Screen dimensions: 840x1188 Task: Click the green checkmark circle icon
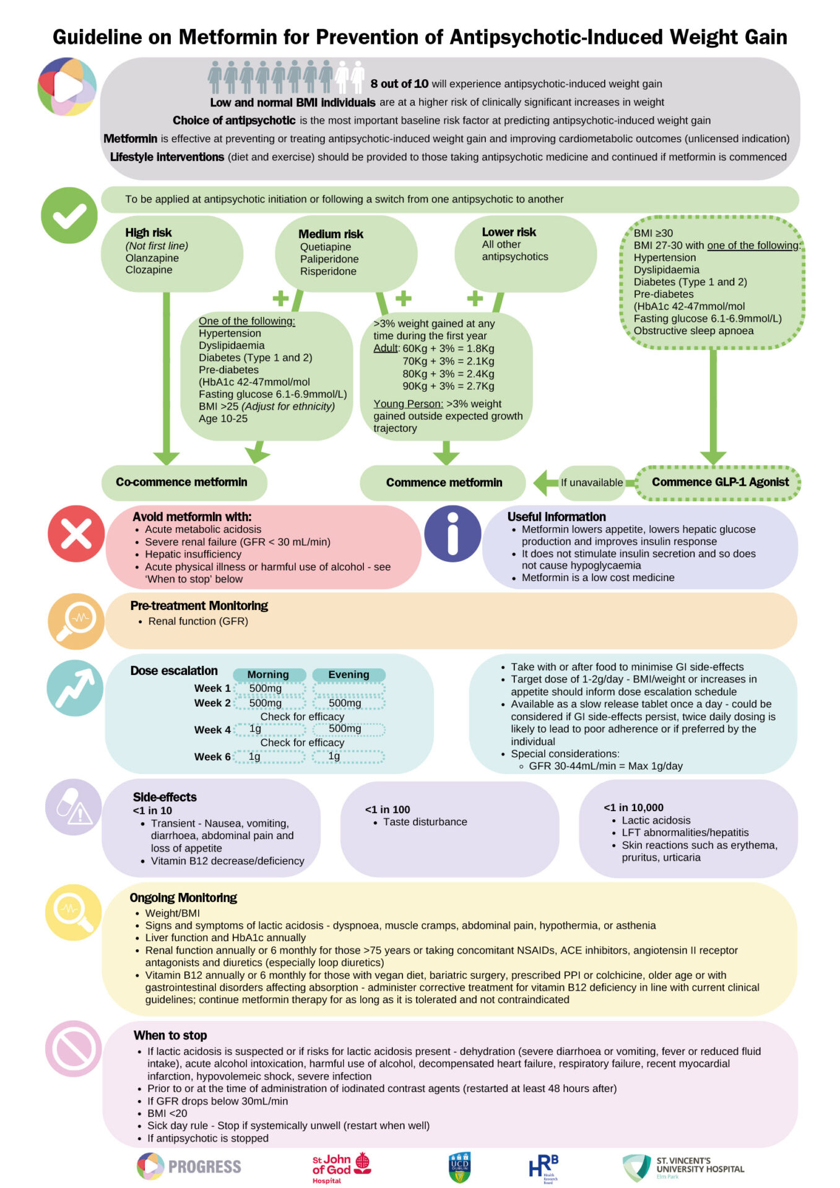click(x=69, y=215)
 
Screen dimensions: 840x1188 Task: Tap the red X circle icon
click(x=76, y=533)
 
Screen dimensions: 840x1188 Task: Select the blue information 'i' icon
click(x=452, y=533)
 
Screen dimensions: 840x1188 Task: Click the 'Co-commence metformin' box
click(x=184, y=482)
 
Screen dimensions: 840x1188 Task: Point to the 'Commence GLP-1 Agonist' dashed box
click(x=718, y=482)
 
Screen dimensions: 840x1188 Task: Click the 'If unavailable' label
click(x=592, y=483)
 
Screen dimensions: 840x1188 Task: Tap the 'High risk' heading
click(x=149, y=233)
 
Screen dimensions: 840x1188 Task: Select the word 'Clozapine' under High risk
click(x=149, y=270)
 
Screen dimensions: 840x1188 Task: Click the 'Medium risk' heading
click(x=331, y=234)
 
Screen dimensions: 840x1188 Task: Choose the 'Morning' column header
click(x=269, y=674)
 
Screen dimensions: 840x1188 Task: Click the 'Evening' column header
click(x=349, y=674)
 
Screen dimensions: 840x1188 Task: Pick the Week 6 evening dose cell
click(x=349, y=756)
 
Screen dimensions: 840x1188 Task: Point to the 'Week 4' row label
click(x=212, y=730)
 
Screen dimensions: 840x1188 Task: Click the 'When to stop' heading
click(x=170, y=1035)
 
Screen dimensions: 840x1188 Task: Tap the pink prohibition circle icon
click(x=73, y=1048)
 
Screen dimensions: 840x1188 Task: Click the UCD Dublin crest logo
click(x=459, y=1167)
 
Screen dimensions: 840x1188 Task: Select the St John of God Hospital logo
click(x=341, y=1168)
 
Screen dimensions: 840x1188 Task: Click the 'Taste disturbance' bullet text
click(x=425, y=822)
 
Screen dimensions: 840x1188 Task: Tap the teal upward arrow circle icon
click(x=75, y=688)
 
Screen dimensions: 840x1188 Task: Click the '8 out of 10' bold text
click(x=399, y=84)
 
